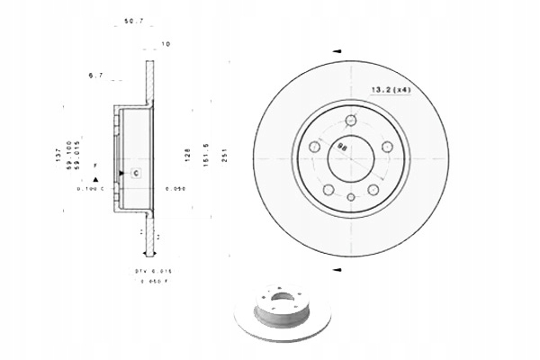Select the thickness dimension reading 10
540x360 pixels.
166,43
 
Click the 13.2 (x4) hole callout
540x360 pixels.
391,89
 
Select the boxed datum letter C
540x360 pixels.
135,171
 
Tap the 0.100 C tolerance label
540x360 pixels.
91,189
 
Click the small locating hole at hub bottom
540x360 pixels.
351,194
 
